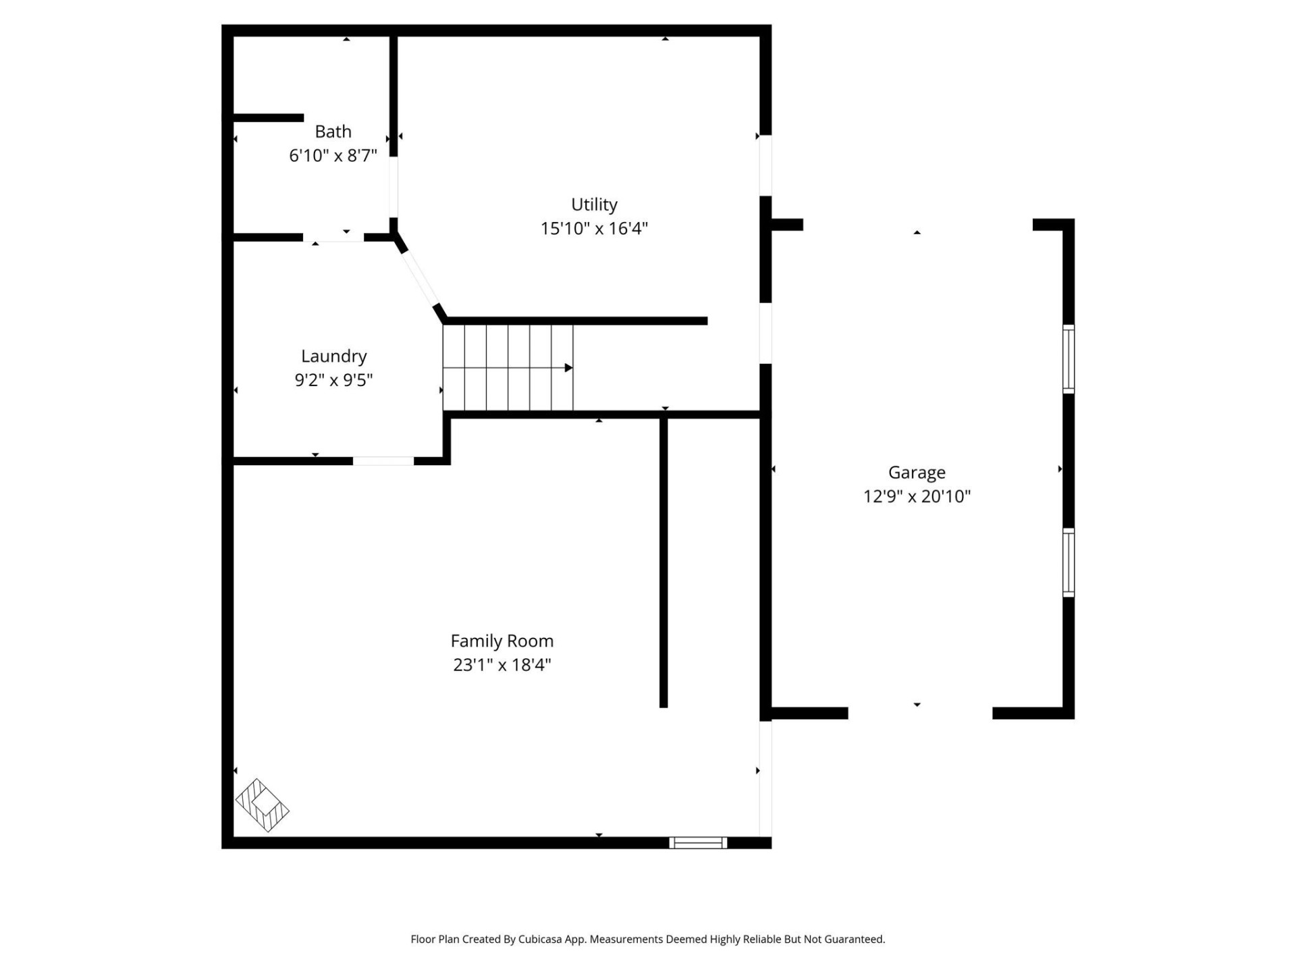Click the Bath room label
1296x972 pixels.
click(333, 131)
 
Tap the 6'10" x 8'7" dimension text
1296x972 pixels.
click(333, 155)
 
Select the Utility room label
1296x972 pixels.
click(594, 204)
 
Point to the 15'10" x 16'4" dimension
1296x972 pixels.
click(594, 228)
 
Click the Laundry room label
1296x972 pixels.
click(333, 356)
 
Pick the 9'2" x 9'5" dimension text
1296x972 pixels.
click(333, 380)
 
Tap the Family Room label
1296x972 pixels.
click(502, 641)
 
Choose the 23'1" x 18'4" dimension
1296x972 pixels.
click(502, 665)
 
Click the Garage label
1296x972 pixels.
click(916, 472)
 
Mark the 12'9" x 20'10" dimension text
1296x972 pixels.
click(916, 496)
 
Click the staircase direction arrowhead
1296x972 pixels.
click(568, 368)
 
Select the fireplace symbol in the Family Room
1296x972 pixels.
click(262, 805)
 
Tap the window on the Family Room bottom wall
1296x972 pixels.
click(698, 842)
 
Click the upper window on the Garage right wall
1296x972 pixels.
click(1069, 358)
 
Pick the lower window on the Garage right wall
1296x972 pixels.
click(1069, 562)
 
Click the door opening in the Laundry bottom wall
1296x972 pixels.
click(383, 461)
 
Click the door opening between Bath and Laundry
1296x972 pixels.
click(333, 238)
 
